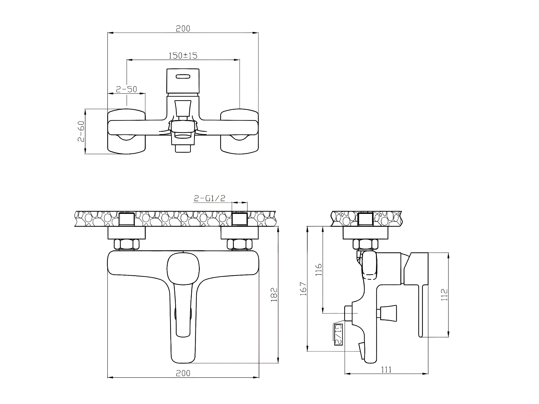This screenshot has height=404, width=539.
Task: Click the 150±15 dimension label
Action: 183,55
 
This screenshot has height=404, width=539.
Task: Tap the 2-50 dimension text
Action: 126,89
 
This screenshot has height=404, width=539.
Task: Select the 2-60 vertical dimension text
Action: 81,131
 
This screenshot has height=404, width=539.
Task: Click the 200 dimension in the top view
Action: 183,29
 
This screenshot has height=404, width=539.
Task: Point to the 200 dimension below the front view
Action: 183,373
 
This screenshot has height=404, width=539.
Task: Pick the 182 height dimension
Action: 274,295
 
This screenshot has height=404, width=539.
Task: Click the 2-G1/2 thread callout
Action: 210,198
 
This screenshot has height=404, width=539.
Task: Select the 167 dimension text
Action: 303,289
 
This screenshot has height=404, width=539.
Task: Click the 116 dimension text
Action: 319,270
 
